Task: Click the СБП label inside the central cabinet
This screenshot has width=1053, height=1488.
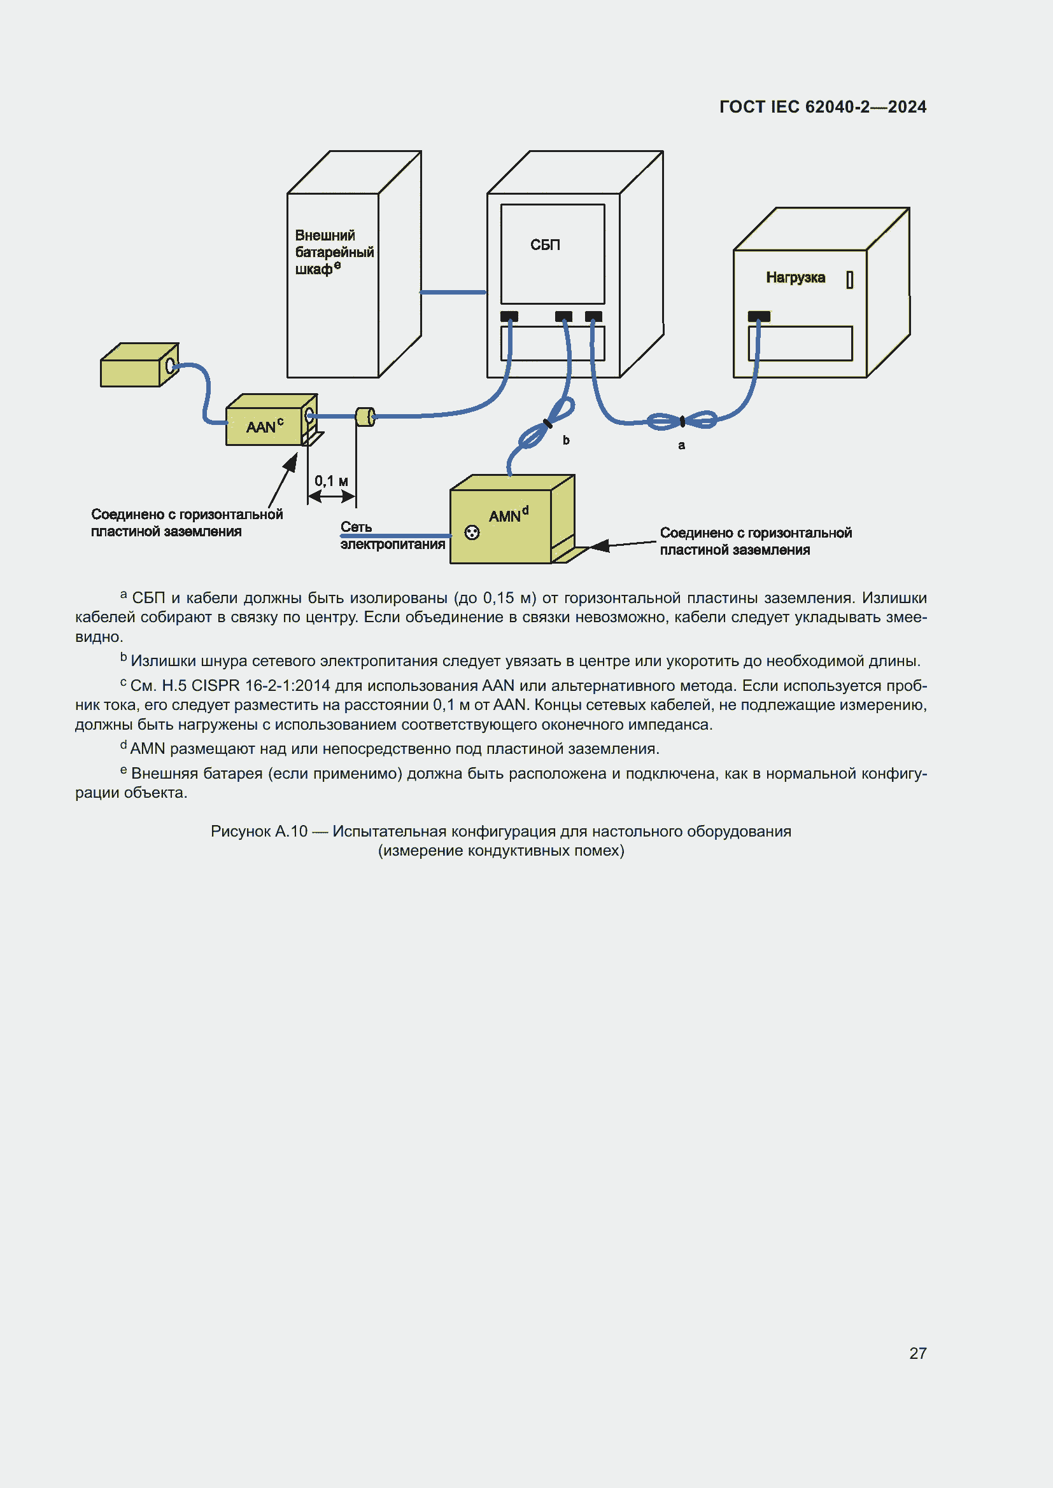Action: [x=545, y=245]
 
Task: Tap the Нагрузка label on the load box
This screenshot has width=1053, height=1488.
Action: [x=795, y=278]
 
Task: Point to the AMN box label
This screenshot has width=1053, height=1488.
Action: [x=505, y=516]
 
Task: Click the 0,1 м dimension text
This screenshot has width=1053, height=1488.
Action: [x=330, y=481]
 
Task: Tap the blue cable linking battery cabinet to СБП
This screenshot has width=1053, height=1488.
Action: [x=453, y=292]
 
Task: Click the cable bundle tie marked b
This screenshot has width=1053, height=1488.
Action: [x=548, y=424]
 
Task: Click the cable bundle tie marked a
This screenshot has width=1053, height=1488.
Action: [x=682, y=422]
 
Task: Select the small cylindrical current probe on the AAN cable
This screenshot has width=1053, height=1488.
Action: [x=365, y=417]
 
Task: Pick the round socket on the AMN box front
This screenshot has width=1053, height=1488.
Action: [x=472, y=532]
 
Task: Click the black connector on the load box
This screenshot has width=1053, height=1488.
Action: [x=759, y=316]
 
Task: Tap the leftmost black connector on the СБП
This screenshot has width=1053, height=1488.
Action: [x=509, y=316]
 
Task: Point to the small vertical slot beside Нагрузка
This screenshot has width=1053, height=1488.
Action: [x=849, y=279]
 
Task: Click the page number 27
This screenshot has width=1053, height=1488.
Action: [x=917, y=1353]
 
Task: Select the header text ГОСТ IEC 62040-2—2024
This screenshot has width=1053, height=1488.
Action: [x=822, y=107]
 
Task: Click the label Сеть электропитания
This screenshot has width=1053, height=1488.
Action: [x=392, y=536]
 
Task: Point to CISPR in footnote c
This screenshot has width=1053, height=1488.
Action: [x=216, y=686]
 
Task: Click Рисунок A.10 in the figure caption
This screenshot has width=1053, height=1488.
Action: [x=258, y=831]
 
